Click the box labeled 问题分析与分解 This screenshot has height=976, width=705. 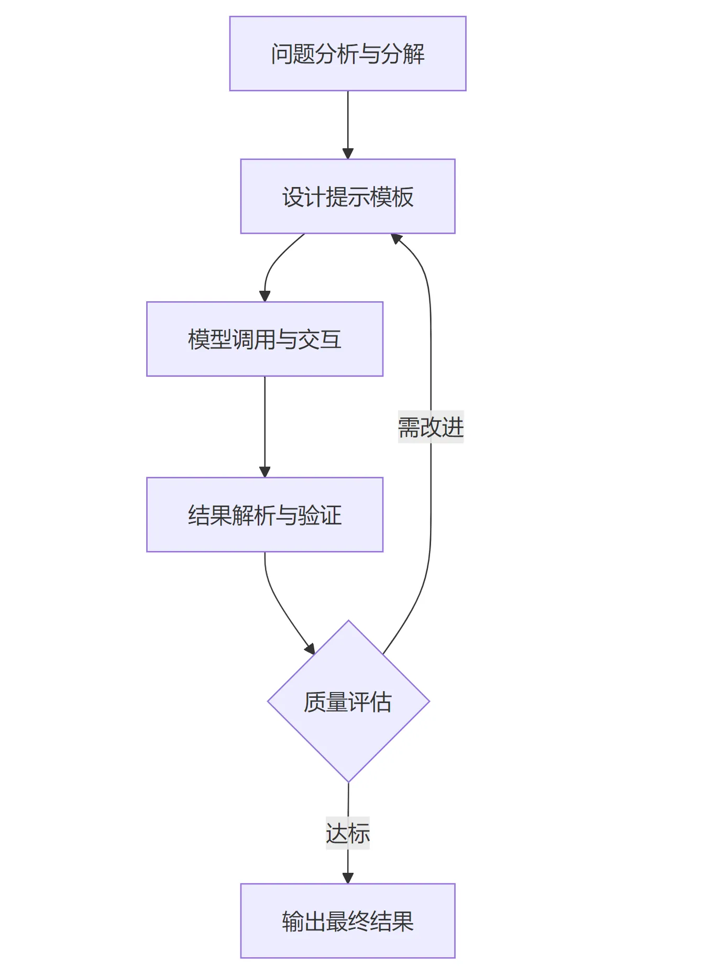click(x=347, y=53)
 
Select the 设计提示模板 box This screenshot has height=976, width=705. click(x=347, y=196)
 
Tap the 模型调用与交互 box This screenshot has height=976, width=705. click(x=265, y=339)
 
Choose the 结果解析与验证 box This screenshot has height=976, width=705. click(x=265, y=514)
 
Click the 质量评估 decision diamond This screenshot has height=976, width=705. click(x=348, y=701)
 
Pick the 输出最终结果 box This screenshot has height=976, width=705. click(x=347, y=920)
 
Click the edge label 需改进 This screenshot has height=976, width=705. click(x=431, y=427)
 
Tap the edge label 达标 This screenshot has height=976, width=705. click(x=347, y=833)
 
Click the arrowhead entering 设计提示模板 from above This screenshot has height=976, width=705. click(x=348, y=153)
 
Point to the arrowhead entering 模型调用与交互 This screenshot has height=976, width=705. click(x=265, y=296)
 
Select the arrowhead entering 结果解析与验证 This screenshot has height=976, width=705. click(x=265, y=471)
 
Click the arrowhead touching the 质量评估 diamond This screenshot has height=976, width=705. click(x=310, y=649)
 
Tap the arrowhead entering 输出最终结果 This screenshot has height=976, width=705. click(x=348, y=878)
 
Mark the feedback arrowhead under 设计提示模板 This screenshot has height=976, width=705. click(x=396, y=239)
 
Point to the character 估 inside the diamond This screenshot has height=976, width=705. click(x=380, y=701)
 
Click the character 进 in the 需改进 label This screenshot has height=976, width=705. click(x=453, y=427)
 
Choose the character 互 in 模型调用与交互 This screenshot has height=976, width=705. click(x=331, y=339)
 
